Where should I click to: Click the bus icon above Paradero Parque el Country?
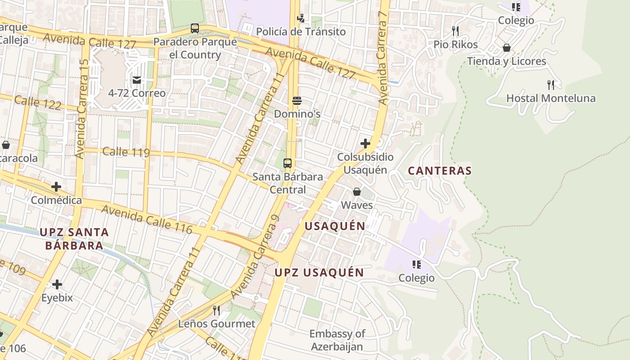tap(194, 28)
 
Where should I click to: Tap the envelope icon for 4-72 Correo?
tap(137, 80)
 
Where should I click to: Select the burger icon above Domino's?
tap(297, 100)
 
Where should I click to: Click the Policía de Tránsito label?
tap(301, 31)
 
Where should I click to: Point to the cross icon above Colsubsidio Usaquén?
tap(365, 144)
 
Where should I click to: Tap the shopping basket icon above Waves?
tap(357, 192)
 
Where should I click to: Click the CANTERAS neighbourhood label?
tap(440, 171)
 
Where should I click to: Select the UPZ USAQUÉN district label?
tap(319, 272)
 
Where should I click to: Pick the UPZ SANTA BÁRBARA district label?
tap(74, 239)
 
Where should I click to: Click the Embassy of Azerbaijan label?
tap(337, 340)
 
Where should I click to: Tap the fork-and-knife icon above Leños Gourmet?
tap(216, 310)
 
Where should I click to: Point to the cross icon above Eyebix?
tap(57, 284)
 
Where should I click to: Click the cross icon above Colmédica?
tap(56, 186)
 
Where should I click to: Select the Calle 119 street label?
tap(126, 152)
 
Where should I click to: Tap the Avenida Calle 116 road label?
tap(147, 220)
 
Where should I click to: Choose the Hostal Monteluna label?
tap(551, 98)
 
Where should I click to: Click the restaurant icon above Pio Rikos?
tap(455, 31)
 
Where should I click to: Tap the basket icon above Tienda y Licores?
tap(507, 48)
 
